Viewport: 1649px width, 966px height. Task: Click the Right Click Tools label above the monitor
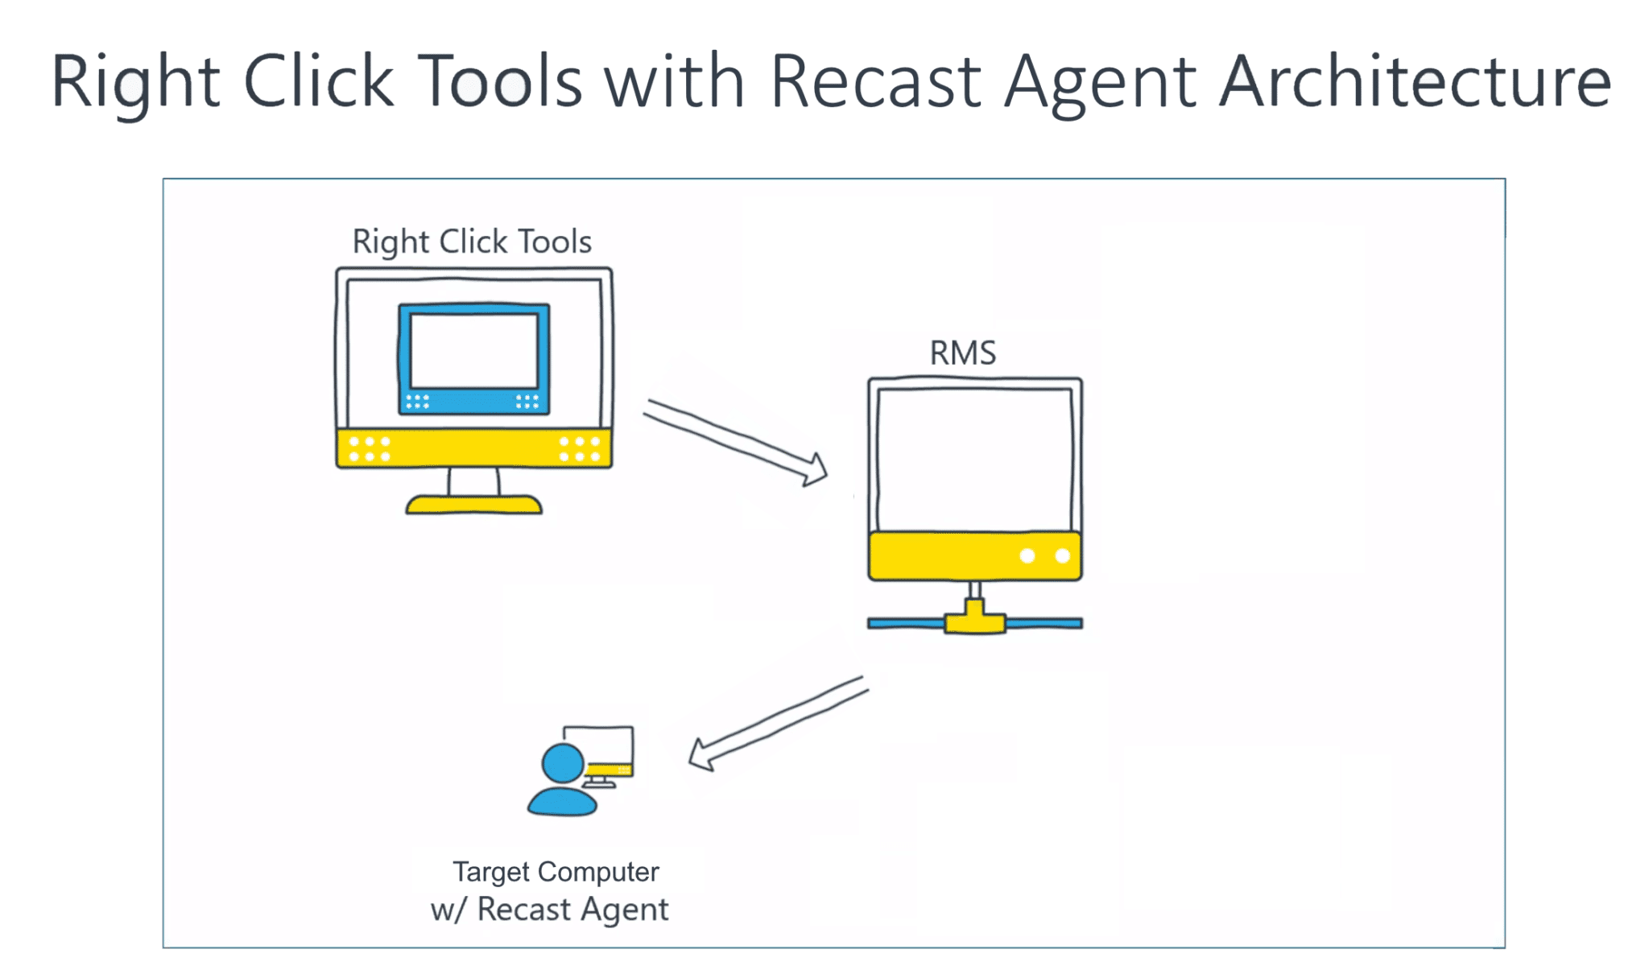pyautogui.click(x=472, y=242)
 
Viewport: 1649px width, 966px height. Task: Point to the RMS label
pyautogui.click(x=963, y=353)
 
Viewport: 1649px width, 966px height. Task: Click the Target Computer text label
pyautogui.click(x=556, y=872)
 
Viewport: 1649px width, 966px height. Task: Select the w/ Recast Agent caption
pyautogui.click(x=549, y=910)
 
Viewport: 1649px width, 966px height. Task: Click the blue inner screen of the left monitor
pyautogui.click(x=474, y=358)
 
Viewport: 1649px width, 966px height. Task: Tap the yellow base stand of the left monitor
pyautogui.click(x=473, y=505)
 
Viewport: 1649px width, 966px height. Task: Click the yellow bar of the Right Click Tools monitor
pyautogui.click(x=473, y=448)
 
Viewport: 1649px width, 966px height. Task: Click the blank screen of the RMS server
pyautogui.click(x=974, y=459)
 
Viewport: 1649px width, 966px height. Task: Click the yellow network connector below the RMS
pyautogui.click(x=975, y=621)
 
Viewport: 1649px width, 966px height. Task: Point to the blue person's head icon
pyautogui.click(x=563, y=762)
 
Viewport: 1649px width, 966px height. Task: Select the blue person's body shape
pyautogui.click(x=562, y=802)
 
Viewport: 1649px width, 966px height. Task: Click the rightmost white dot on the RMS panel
pyautogui.click(x=1062, y=555)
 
